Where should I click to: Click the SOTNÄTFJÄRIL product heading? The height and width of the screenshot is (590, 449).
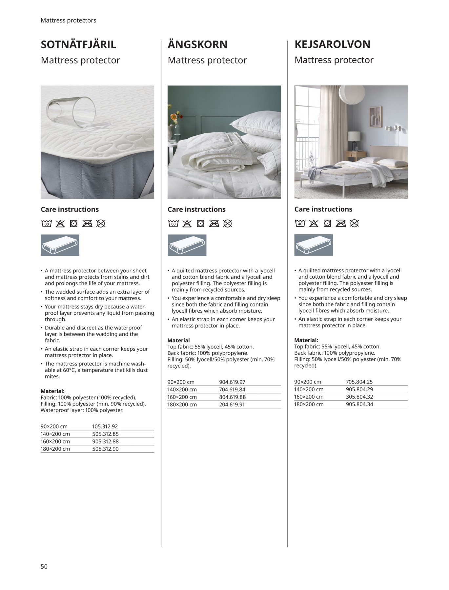(78, 44)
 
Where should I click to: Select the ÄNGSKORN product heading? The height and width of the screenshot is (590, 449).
(197, 44)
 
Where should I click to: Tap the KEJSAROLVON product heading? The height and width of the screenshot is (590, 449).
(332, 44)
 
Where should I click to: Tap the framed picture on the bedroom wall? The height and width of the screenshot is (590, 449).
(376, 117)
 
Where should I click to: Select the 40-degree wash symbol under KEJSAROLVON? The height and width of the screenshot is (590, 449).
(300, 224)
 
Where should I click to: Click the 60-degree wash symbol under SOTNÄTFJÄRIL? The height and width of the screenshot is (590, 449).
(47, 224)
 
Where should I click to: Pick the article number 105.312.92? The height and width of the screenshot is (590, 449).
(105, 426)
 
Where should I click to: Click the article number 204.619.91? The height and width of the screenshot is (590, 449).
(232, 404)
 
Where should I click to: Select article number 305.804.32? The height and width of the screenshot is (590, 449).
(359, 397)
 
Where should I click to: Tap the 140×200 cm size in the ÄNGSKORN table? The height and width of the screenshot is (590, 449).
(182, 389)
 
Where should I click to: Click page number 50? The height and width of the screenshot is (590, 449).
(44, 566)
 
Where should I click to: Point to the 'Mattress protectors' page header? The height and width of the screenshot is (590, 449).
(68, 20)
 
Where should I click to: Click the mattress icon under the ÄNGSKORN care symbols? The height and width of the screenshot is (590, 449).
(187, 245)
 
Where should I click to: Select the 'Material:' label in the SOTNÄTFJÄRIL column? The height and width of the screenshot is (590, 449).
(52, 391)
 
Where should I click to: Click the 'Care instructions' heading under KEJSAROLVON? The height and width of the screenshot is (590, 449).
(323, 209)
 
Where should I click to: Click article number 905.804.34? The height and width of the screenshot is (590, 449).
(359, 404)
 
